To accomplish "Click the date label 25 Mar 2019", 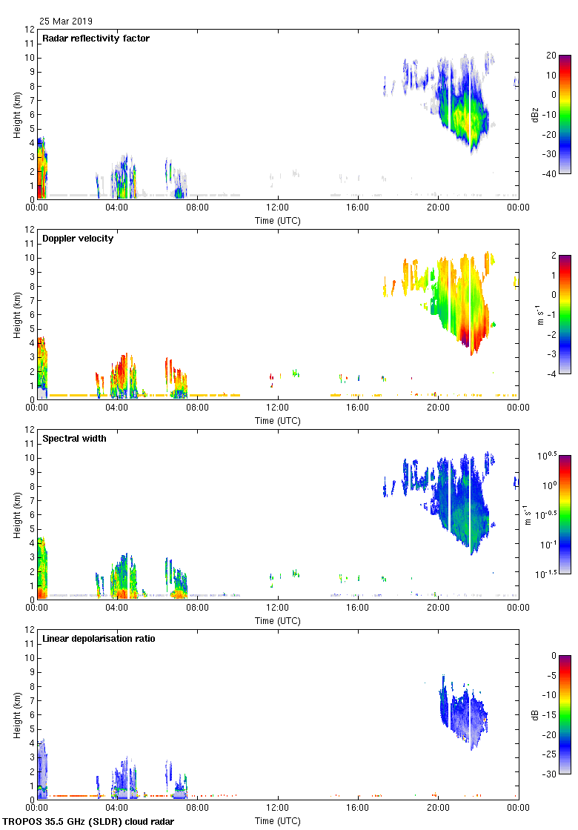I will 66,21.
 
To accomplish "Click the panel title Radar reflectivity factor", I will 96,39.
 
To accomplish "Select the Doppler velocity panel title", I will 78,239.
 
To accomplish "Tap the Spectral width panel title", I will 75,439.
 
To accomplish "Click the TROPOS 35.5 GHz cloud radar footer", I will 89,822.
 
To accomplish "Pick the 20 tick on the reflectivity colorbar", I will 551,56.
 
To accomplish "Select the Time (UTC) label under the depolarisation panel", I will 278,820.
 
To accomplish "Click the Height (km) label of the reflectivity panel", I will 16,114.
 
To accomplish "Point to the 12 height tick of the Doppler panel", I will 30,230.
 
